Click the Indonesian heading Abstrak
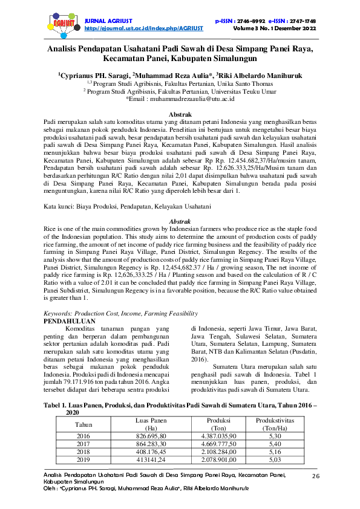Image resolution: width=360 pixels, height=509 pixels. [x=180, y=114]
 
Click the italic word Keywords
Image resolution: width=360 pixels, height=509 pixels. [x=59, y=314]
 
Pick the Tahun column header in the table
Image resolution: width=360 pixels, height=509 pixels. [x=83, y=424]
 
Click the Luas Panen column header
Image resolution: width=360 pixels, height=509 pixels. [x=151, y=420]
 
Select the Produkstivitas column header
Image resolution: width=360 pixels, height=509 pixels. [x=275, y=420]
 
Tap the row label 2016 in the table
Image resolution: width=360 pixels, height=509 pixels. [x=83, y=435]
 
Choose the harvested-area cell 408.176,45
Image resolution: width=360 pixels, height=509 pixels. [x=151, y=451]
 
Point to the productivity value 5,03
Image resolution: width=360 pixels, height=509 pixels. [x=275, y=459]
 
